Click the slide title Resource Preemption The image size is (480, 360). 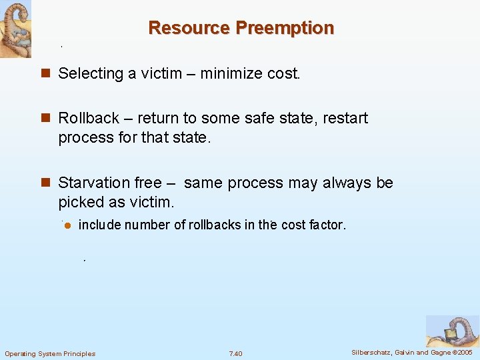point(241,28)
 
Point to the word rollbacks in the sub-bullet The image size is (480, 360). point(215,225)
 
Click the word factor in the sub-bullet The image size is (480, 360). point(327,225)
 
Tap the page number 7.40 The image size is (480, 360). point(235,353)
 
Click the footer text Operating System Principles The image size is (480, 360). point(50,353)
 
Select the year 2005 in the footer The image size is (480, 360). point(464,352)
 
